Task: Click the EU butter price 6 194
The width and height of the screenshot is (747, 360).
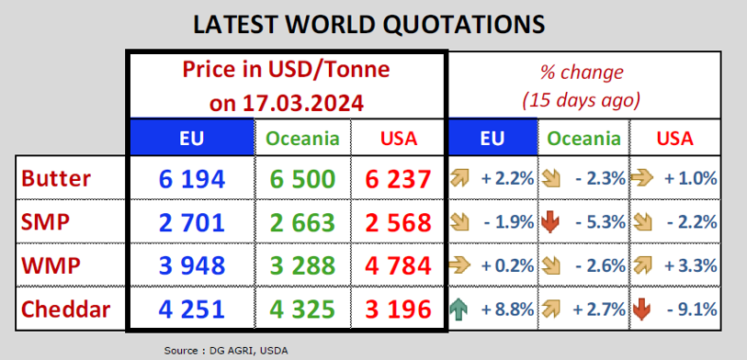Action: coord(191,179)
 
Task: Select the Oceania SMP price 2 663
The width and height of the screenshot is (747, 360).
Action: coord(303,222)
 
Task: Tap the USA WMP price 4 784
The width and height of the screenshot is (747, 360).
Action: coord(399,265)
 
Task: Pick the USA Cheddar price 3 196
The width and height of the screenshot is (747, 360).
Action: coord(399,309)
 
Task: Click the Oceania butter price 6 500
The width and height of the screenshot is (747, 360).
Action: coord(303,179)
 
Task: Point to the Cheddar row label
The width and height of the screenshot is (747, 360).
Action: coord(66,309)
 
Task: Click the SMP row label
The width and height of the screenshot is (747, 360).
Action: coord(46,222)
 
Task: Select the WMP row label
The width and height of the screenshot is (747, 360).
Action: coord(51,265)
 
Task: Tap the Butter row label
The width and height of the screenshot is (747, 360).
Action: coord(56,179)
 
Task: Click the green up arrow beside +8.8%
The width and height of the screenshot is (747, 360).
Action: coord(458,310)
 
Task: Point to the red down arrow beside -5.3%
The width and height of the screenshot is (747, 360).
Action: coord(550,222)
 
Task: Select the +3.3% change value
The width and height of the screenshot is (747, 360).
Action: coord(691,266)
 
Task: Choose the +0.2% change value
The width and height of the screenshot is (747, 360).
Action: coord(507,266)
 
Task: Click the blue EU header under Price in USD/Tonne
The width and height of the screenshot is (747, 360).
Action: coord(191,137)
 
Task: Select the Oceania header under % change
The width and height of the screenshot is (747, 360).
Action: coord(583,138)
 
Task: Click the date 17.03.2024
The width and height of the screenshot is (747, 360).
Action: coord(303,103)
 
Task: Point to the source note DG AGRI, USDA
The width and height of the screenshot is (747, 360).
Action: coord(248,351)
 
